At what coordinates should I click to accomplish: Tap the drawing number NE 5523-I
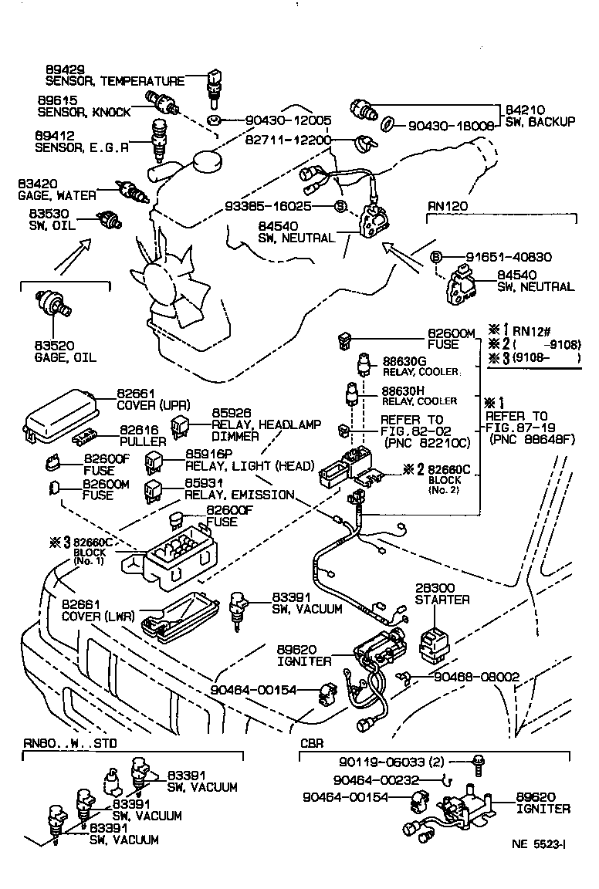538,865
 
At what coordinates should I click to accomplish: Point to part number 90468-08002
476,676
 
